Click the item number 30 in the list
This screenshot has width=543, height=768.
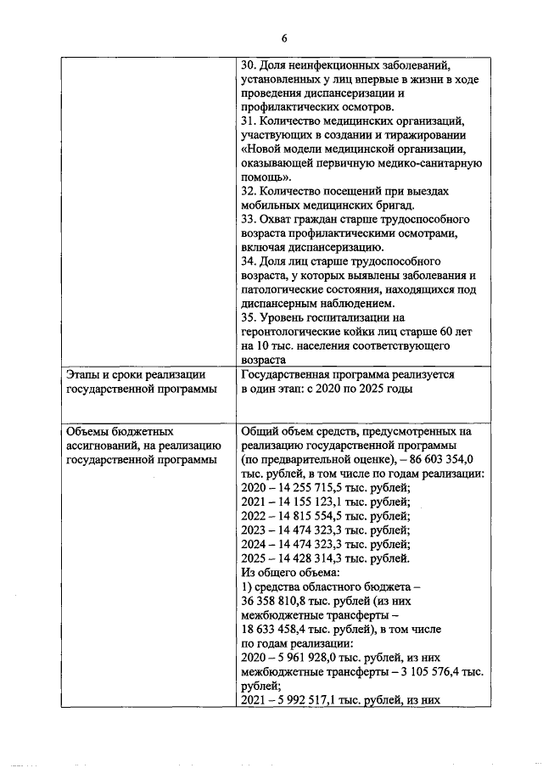pos(248,65)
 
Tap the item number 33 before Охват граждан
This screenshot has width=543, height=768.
pos(248,219)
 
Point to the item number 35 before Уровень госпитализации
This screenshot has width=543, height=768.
pos(248,317)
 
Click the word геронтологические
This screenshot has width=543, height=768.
pos(288,332)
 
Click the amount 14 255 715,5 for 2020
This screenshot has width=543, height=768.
pos(311,487)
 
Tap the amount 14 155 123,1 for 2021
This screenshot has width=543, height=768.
pos(311,502)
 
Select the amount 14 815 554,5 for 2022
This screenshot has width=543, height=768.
pos(311,516)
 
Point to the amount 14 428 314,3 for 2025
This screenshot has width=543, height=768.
pos(311,558)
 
